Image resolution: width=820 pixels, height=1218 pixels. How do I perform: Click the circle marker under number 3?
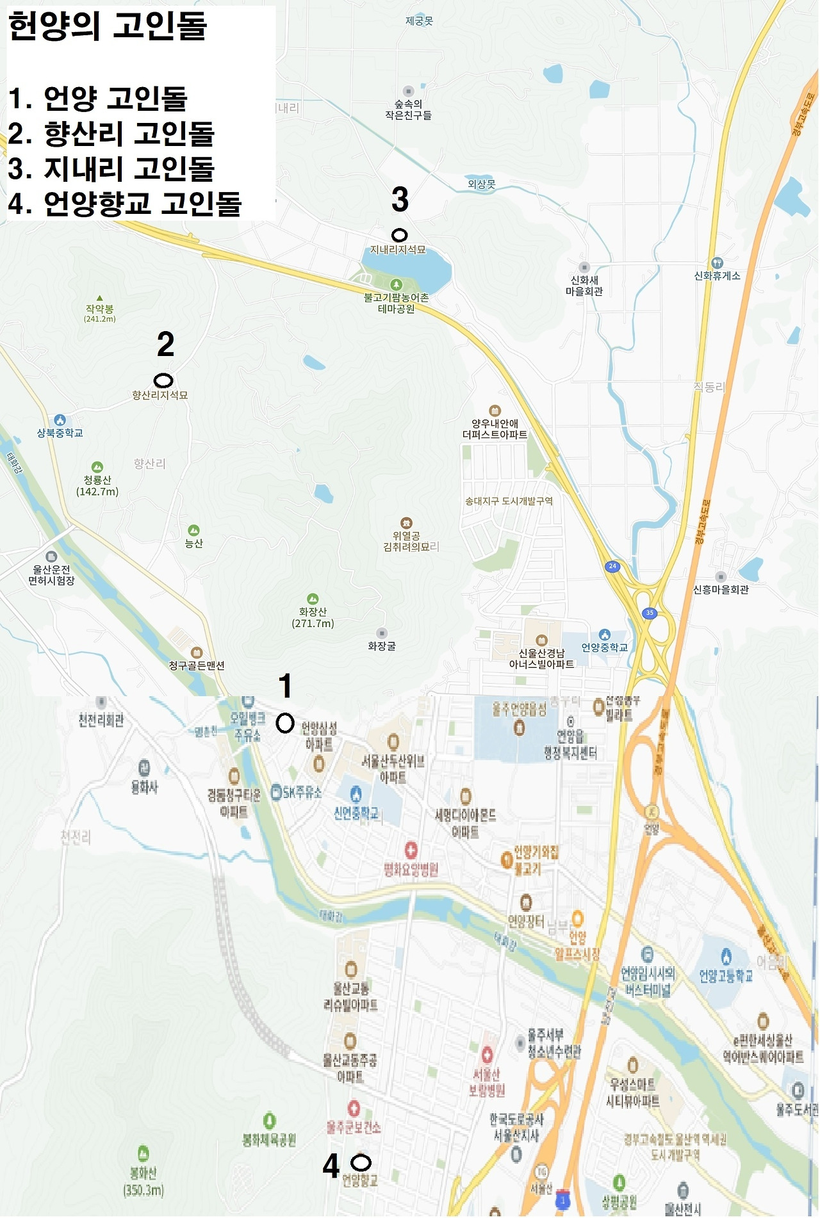tap(399, 235)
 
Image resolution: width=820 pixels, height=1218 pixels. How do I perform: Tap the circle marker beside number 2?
tap(163, 380)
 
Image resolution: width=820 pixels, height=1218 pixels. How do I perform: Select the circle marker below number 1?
tap(285, 723)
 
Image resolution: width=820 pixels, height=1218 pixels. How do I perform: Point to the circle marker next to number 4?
tap(361, 1162)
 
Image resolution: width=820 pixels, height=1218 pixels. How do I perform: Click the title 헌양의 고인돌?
tap(108, 26)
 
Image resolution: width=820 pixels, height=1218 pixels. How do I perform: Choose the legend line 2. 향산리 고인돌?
tap(111, 133)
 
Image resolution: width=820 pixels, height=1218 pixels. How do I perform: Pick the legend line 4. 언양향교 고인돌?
tap(124, 203)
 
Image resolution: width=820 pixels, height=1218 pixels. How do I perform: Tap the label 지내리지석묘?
tap(398, 250)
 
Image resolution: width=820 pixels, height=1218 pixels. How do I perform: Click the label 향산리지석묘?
tap(160, 395)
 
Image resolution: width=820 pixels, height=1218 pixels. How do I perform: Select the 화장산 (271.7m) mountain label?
tap(313, 617)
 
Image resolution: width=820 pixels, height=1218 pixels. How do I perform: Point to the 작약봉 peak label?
tap(100, 309)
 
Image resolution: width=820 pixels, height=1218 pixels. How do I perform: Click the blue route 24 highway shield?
tap(612, 566)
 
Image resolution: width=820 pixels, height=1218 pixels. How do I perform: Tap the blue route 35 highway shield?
tap(650, 613)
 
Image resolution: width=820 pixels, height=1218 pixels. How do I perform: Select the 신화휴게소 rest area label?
tap(717, 275)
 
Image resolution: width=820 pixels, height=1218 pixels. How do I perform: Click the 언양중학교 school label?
tap(604, 647)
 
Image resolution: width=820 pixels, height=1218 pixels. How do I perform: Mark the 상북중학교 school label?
tap(60, 433)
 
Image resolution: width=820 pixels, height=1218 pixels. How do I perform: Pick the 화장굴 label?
tap(382, 646)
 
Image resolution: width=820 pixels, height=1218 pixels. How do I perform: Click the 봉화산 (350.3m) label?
tap(143, 1181)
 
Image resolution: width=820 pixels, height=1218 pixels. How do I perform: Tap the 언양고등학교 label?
tap(726, 976)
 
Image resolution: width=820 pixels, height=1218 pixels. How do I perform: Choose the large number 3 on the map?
tap(400, 199)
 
